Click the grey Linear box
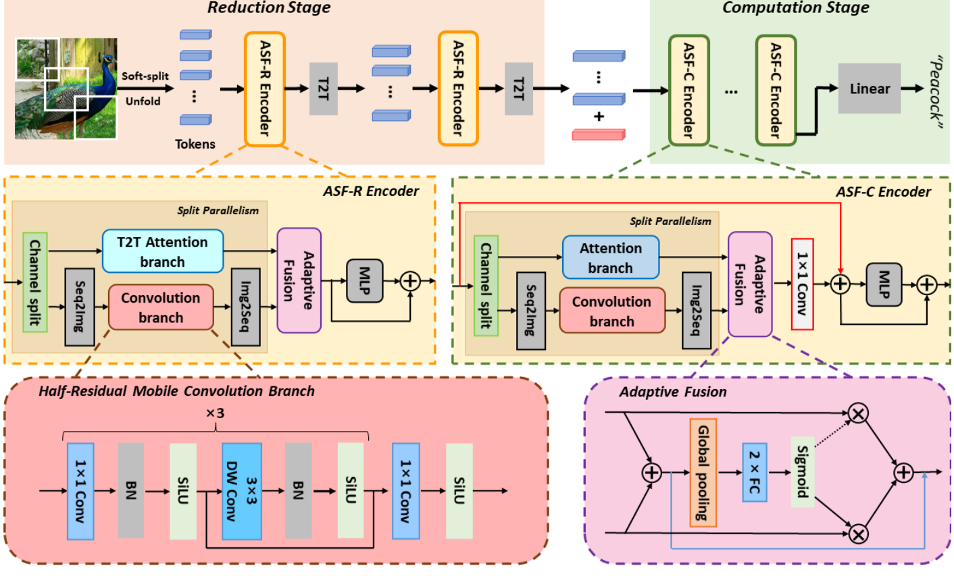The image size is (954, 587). [x=869, y=88]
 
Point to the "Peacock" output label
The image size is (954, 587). [x=935, y=90]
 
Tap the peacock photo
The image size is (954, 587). [x=66, y=88]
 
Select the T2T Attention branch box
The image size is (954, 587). [x=162, y=251]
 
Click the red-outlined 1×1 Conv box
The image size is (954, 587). [x=802, y=284]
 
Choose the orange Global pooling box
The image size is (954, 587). [x=703, y=472]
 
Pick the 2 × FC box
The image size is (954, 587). [x=755, y=472]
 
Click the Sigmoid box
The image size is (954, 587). [x=802, y=471]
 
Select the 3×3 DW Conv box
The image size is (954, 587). [x=242, y=491]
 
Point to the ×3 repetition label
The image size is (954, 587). [x=215, y=413]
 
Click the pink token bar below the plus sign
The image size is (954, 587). [x=598, y=134]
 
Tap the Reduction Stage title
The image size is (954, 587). [x=269, y=8]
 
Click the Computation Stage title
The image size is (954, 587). [x=795, y=8]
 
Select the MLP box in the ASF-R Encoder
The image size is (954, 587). [x=364, y=280]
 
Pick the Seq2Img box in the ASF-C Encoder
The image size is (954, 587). [x=530, y=311]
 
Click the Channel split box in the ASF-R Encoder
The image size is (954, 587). [x=34, y=282]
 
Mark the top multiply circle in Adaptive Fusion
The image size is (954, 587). [x=858, y=413]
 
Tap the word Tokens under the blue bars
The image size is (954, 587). [x=195, y=144]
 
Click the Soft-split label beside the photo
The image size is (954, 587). [x=145, y=76]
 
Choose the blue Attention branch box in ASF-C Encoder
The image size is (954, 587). [x=610, y=257]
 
